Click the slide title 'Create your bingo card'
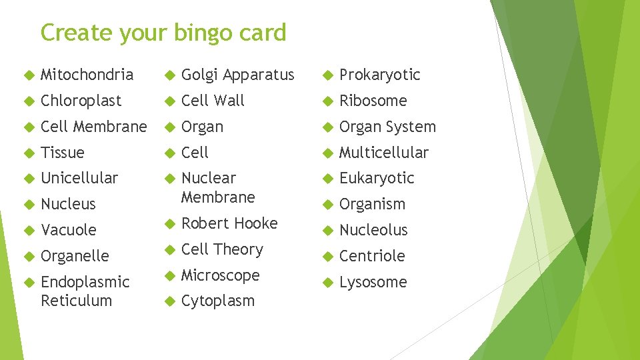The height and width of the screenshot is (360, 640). (x=163, y=32)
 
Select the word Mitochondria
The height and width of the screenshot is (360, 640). (x=87, y=75)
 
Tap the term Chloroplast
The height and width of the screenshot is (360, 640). (x=81, y=101)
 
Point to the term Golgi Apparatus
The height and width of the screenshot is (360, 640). (x=237, y=75)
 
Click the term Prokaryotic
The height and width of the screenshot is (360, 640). (x=379, y=75)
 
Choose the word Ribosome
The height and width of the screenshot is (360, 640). (x=373, y=101)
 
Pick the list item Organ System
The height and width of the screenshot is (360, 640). (x=387, y=127)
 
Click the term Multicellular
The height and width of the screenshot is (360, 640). (x=384, y=153)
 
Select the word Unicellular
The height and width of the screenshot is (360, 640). (x=79, y=178)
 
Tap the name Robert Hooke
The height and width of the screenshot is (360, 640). (x=229, y=223)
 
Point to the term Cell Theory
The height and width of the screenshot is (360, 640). (x=222, y=249)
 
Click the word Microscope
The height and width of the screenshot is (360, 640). (x=220, y=275)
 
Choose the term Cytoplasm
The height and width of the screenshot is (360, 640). (x=218, y=301)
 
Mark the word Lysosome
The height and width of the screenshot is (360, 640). (x=373, y=282)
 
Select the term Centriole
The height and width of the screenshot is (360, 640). (x=372, y=256)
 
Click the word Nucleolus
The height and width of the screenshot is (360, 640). (x=373, y=230)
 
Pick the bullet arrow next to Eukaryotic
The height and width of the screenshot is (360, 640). (x=327, y=179)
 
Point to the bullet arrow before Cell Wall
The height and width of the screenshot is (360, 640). (x=169, y=101)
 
